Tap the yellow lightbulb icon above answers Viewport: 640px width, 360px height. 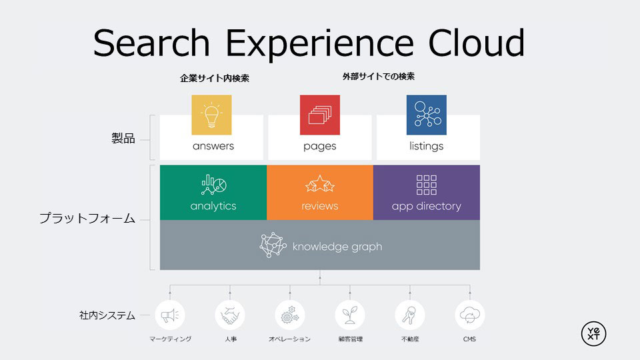211,115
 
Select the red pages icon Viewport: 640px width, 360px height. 319,115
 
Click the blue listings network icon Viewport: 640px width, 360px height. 426,115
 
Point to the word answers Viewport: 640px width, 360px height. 213,146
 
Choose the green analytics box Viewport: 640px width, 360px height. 213,193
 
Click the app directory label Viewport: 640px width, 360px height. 426,206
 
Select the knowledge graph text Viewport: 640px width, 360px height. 337,247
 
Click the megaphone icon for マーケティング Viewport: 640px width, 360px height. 170,315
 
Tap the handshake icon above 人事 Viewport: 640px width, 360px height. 230,315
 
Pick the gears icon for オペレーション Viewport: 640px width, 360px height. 290,315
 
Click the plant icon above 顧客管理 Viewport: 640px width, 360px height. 350,315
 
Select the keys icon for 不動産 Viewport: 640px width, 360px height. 409,315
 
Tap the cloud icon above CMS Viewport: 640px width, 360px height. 469,315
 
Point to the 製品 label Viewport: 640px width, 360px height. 123,139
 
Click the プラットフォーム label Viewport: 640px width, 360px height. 87,218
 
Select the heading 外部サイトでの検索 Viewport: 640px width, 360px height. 379,77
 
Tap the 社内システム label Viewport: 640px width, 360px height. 107,315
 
